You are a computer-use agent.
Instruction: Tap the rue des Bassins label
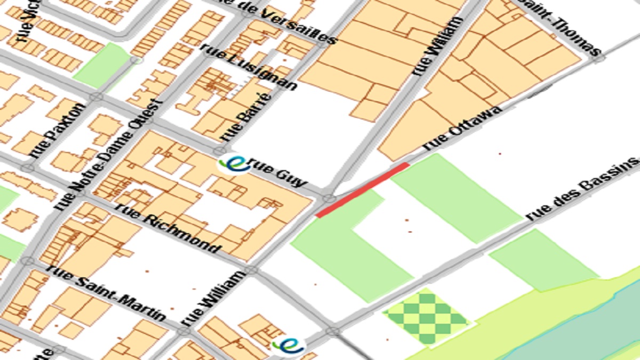coord(581,189)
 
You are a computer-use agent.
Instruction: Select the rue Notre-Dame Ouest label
coord(107,155)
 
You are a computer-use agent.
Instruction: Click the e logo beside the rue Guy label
coord(234,163)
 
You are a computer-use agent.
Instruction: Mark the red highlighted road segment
coord(363,190)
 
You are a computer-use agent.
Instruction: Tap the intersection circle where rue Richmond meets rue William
coord(251,269)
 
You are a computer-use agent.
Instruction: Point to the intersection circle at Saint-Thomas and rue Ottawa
coord(599,58)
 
